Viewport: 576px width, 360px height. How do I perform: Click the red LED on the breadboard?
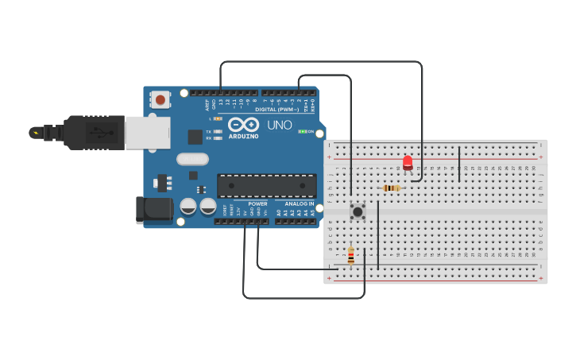point(408,162)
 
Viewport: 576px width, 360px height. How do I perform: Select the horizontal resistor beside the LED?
point(391,188)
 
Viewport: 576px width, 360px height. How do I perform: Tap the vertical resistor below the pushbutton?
point(351,256)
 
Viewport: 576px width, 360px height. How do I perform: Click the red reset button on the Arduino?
point(160,100)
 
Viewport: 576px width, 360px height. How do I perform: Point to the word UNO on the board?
point(279,126)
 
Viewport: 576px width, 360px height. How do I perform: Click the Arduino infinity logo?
point(242,124)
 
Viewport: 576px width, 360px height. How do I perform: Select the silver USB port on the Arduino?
point(147,133)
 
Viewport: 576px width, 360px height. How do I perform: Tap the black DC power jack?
point(153,210)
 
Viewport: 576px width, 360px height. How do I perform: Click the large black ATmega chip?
point(266,185)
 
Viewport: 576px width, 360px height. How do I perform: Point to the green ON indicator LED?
point(301,131)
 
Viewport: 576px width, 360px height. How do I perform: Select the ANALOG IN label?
point(295,203)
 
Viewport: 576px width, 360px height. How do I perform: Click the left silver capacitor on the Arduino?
point(188,206)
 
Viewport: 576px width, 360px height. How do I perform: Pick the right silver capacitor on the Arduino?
point(208,206)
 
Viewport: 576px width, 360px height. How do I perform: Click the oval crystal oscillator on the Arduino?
point(193,159)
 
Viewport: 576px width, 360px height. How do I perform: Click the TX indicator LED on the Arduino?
point(218,131)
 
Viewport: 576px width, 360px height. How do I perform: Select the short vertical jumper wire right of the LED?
point(459,164)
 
